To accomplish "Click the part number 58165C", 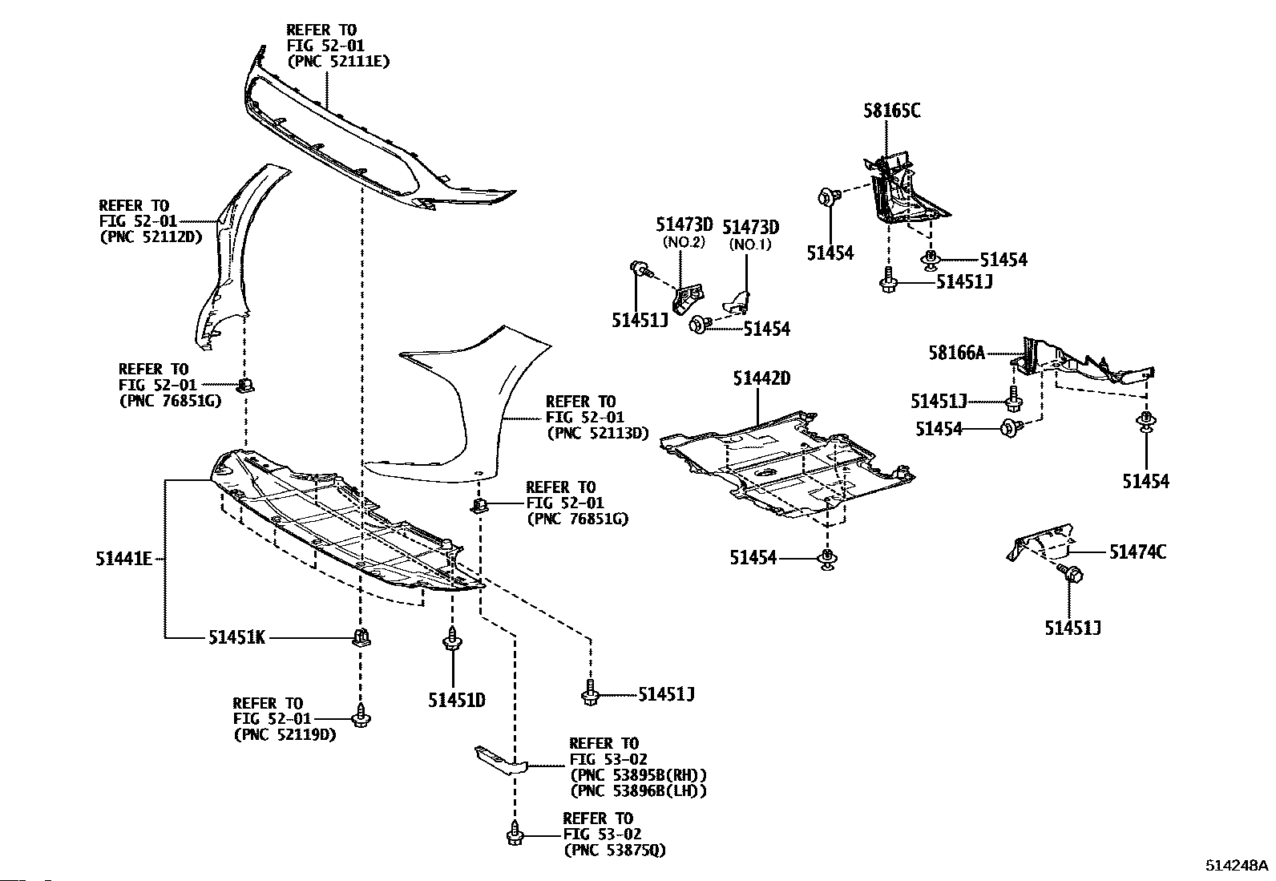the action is tap(891, 110).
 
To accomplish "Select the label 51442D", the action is tap(761, 378).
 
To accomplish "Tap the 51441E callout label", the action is tap(123, 559).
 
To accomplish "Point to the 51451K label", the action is tap(237, 637).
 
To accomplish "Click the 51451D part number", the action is tap(457, 700).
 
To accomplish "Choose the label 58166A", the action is tap(957, 353).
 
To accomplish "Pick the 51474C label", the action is tap(1137, 552).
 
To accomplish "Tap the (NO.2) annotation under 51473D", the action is tap(684, 242).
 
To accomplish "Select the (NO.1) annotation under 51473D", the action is tap(750, 244).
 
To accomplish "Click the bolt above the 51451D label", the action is tap(452, 639).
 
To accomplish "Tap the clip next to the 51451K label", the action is tap(361, 637).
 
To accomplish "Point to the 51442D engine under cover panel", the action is tap(788, 464).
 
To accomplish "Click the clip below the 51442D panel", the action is tap(827, 559).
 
